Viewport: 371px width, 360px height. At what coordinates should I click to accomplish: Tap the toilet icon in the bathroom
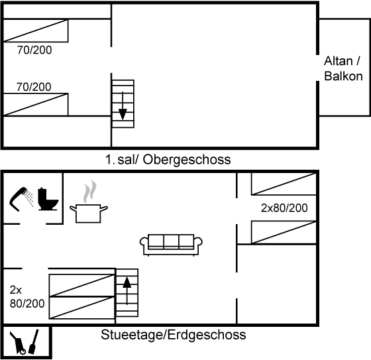coord(48,199)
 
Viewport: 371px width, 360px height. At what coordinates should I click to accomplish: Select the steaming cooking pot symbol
coord(89,213)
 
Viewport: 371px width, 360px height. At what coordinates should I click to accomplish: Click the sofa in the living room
coord(171,245)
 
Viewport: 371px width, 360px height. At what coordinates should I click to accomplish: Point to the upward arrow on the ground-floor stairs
coord(127,291)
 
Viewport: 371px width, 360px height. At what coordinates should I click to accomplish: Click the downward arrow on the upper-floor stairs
coord(123,105)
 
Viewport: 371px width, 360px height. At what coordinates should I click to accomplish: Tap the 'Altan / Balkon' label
coord(343,69)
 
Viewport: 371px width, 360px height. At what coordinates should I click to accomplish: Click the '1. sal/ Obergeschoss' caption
coord(168,160)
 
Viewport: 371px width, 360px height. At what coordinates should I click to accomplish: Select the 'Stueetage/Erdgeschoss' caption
coord(173,335)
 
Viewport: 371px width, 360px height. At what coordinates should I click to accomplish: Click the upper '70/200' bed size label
coord(34,50)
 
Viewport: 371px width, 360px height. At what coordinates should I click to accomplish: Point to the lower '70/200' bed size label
coord(34,87)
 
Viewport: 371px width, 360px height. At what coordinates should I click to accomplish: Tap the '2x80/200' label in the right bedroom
coord(284,208)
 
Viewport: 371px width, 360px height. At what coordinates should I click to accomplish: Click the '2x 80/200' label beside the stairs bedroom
coord(27,296)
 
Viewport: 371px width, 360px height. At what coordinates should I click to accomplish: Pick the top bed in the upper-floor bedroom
coord(36,30)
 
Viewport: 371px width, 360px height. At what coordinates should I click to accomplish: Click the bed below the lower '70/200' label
coord(36,105)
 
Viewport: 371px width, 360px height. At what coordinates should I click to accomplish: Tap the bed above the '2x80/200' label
coord(284,184)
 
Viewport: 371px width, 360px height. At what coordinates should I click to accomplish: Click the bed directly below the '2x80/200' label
coord(284,232)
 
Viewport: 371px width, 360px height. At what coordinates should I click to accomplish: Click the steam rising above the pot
coord(90,192)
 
